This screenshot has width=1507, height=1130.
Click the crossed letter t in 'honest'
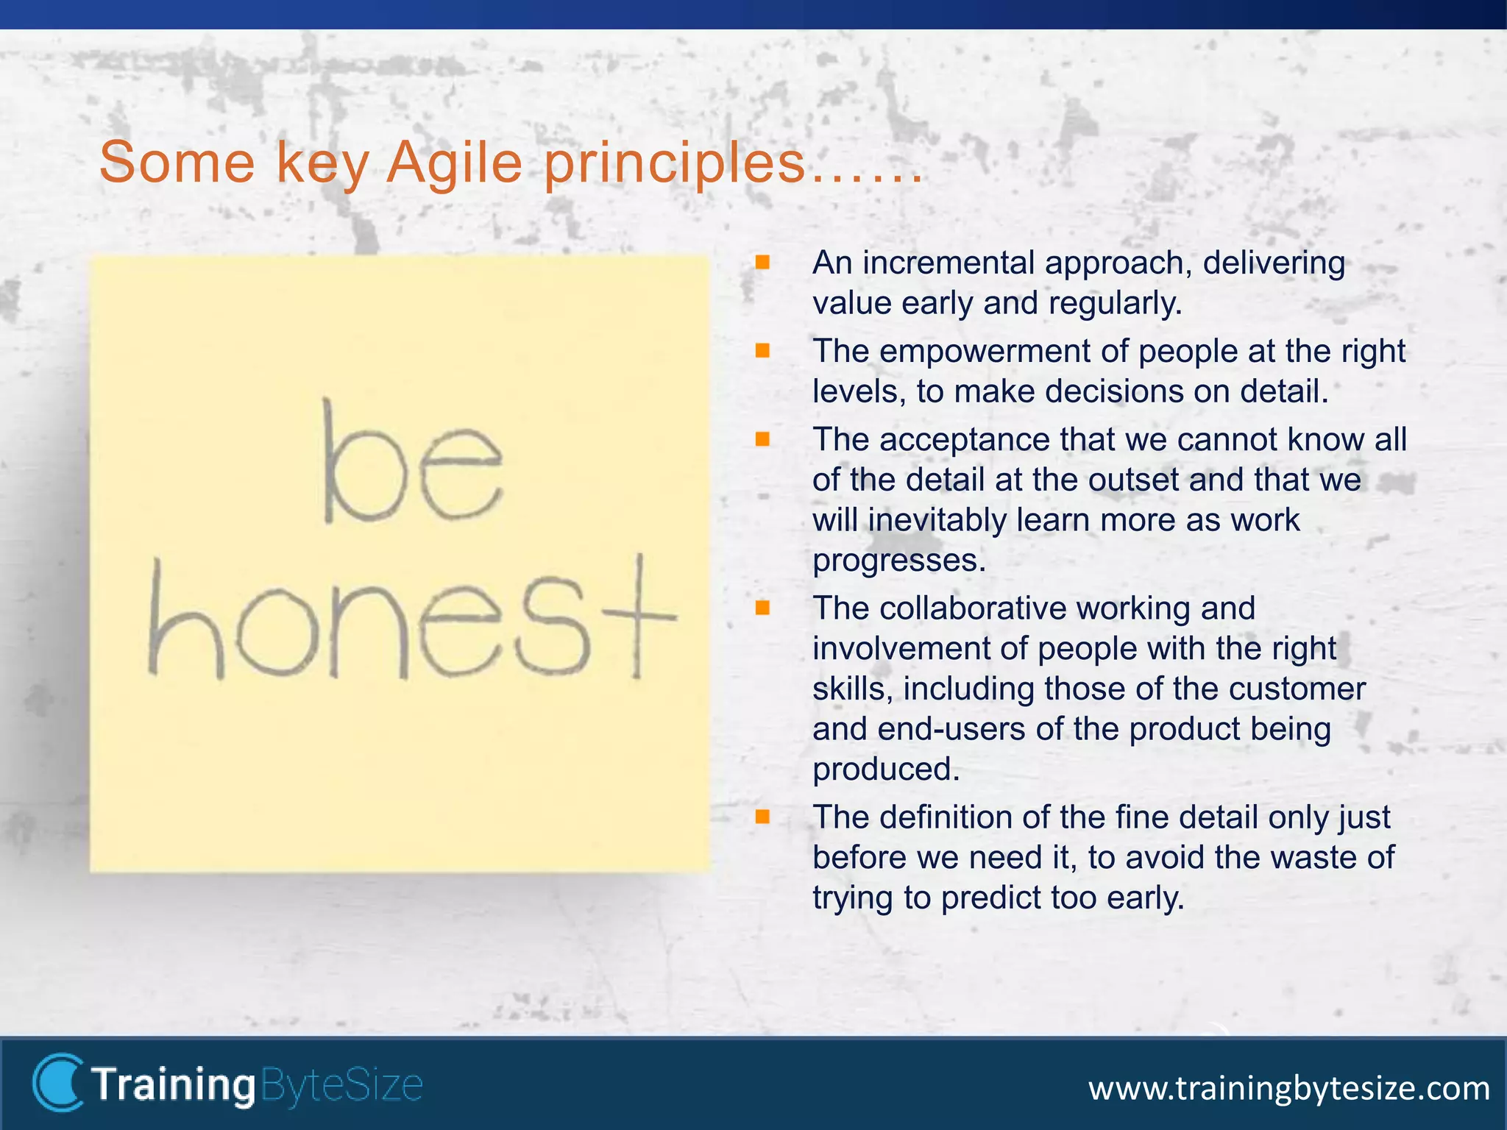pyautogui.click(x=639, y=616)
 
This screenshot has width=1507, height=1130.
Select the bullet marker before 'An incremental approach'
pyautogui.click(x=762, y=263)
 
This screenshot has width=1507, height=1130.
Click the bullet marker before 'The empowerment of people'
pyautogui.click(x=762, y=351)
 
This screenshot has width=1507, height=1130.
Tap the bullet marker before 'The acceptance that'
pyautogui.click(x=762, y=439)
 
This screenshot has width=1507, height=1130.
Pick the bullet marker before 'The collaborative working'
pyautogui.click(x=762, y=608)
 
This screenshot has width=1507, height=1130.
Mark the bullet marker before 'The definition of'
pyautogui.click(x=762, y=817)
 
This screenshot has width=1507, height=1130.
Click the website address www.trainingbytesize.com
pyautogui.click(x=1288, y=1088)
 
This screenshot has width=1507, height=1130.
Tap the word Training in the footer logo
pyautogui.click(x=173, y=1085)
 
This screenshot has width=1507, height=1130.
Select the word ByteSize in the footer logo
pyautogui.click(x=341, y=1085)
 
